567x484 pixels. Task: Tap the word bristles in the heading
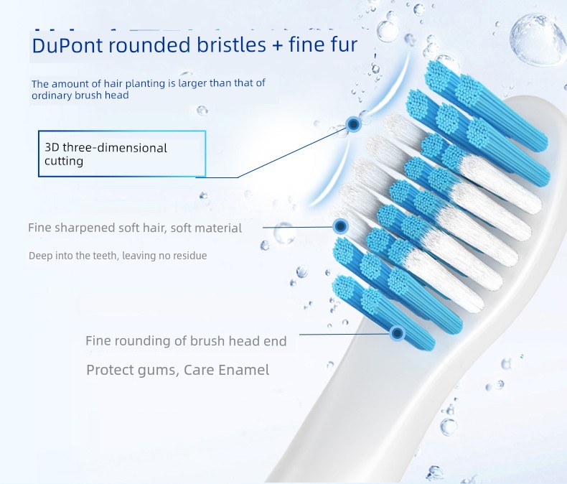click(x=231, y=44)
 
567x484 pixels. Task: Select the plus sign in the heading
click(x=277, y=45)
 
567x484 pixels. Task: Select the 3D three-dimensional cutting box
click(x=122, y=154)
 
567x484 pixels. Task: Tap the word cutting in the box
click(x=64, y=161)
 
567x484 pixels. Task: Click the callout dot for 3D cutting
click(x=353, y=124)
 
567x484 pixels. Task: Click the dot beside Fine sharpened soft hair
click(x=340, y=226)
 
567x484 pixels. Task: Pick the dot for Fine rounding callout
click(x=398, y=332)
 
